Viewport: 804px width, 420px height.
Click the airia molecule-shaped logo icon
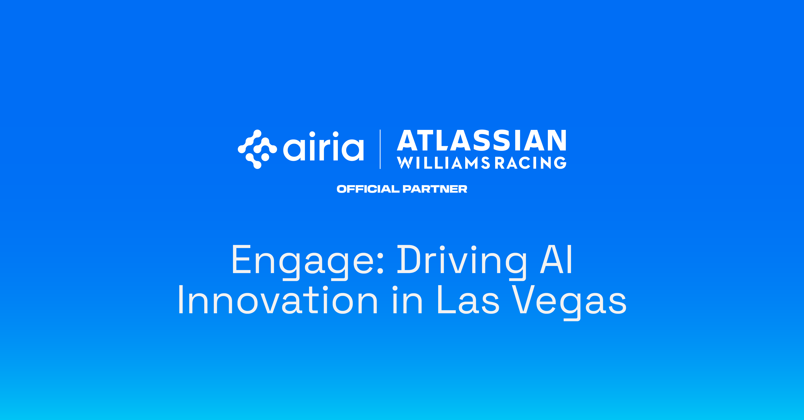click(x=257, y=149)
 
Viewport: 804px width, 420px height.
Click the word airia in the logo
click(x=323, y=147)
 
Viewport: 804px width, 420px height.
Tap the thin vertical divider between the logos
click(x=380, y=149)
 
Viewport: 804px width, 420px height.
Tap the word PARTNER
click(x=435, y=189)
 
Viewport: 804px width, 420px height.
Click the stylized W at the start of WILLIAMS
click(x=405, y=163)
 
